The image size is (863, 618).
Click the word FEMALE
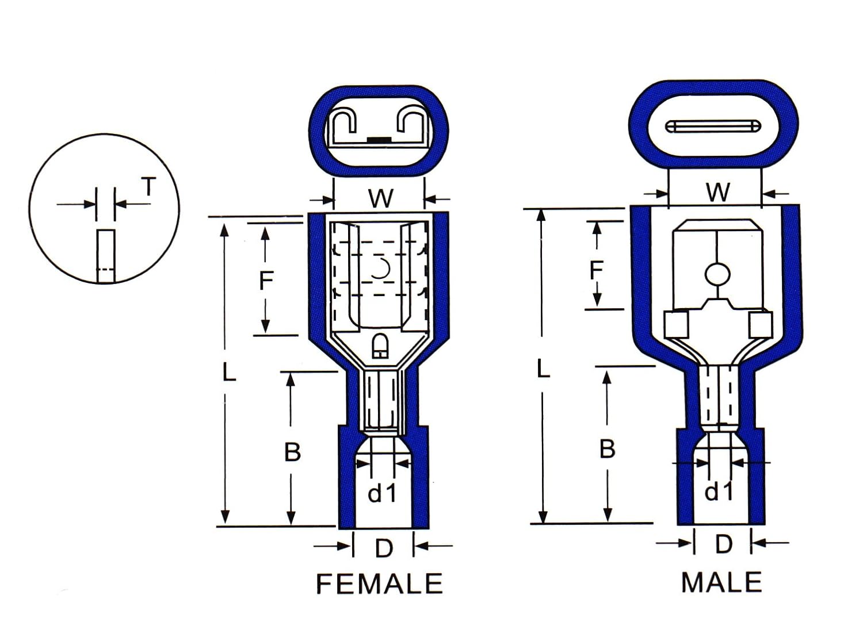click(x=380, y=584)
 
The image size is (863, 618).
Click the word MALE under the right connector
click(x=721, y=582)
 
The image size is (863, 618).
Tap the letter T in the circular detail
click(x=148, y=187)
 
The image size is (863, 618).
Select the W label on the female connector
click(x=380, y=198)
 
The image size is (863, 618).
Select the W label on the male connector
click(x=718, y=193)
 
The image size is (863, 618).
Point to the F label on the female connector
click(x=266, y=281)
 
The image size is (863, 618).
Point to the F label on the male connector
click(x=597, y=269)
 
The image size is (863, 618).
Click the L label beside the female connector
click(x=228, y=373)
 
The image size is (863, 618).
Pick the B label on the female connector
click(x=292, y=452)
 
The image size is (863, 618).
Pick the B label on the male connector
click(x=607, y=449)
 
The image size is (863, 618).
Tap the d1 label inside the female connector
click(x=383, y=493)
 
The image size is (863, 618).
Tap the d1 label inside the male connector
click(x=719, y=492)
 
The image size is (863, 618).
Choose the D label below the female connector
click(x=383, y=548)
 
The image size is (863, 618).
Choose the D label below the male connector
click(x=723, y=544)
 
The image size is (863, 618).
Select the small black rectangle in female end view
click(x=375, y=140)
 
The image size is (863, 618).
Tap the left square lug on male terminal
click(x=677, y=324)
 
